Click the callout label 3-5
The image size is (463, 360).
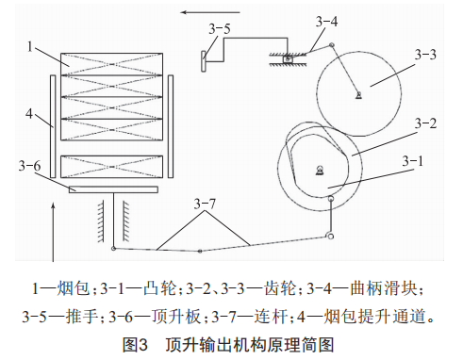click(220, 29)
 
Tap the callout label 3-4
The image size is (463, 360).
click(326, 22)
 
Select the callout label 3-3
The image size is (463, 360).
click(425, 55)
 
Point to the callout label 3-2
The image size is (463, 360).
click(425, 123)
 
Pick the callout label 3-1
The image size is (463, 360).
click(413, 161)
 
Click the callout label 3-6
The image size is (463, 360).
click(29, 166)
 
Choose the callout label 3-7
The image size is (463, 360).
click(205, 204)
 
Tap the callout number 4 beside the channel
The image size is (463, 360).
click(29, 113)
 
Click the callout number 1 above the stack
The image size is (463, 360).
click(30, 47)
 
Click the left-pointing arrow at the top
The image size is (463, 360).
click(210, 12)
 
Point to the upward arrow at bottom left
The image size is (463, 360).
click(54, 232)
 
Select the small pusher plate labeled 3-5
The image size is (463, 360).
click(204, 61)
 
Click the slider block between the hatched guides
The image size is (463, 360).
click(288, 58)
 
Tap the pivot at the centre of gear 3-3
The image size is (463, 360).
click(358, 94)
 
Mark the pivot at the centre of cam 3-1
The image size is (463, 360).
click(320, 170)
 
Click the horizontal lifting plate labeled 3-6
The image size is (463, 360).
click(113, 189)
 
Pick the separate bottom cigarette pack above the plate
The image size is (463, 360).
click(111, 167)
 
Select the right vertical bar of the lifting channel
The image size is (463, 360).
click(171, 126)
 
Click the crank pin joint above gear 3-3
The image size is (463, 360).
click(331, 45)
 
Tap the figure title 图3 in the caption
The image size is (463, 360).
click(135, 345)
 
